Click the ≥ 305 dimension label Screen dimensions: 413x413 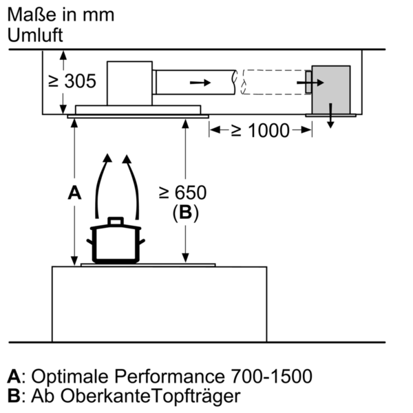(x=72, y=81)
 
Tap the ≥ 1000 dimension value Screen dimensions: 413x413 (x=260, y=130)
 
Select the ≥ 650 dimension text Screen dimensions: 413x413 (x=183, y=193)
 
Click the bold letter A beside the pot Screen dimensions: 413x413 (x=74, y=193)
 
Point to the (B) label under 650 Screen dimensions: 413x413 (x=185, y=213)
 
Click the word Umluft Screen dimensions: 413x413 (x=35, y=35)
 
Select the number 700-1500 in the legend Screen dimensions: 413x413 (x=271, y=376)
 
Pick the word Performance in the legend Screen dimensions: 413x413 (x=169, y=376)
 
